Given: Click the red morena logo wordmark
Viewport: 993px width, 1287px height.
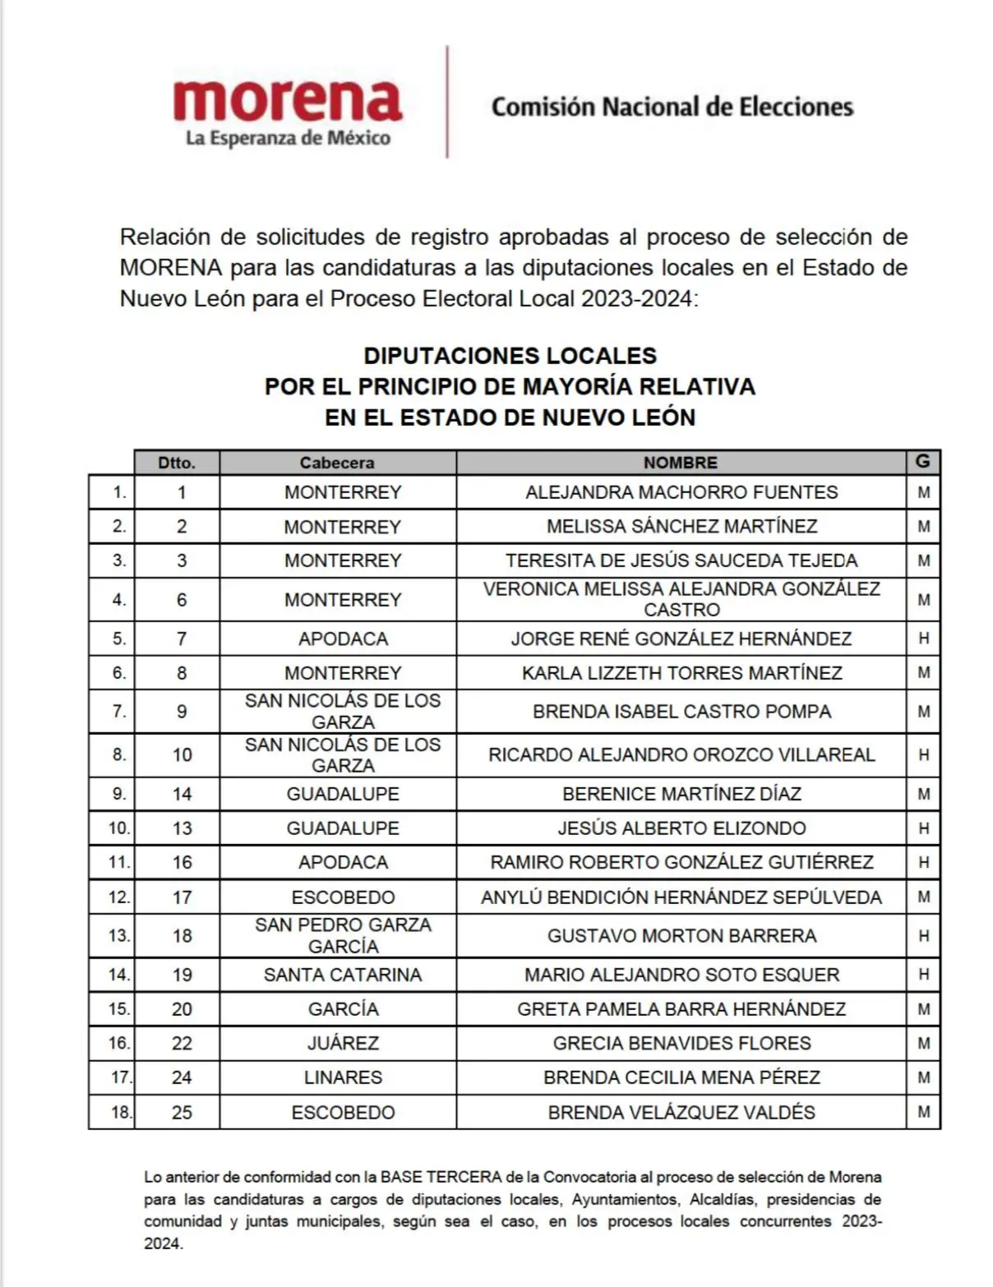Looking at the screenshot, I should pos(287,100).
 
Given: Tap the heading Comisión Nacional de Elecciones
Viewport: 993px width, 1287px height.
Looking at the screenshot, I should pos(672,107).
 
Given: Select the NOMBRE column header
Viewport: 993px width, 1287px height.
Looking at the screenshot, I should pos(680,463).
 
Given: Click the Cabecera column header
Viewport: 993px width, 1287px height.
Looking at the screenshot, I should pos(337,463).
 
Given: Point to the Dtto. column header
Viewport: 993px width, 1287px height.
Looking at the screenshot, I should pos(177,463).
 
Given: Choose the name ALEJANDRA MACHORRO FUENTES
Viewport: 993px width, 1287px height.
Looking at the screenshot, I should pos(681,492).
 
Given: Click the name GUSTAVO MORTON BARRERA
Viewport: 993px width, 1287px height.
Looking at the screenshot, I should pos(681,936).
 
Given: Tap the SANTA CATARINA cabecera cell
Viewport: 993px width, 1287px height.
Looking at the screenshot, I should pos(342,975).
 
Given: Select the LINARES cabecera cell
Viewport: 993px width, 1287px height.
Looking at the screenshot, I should pos(342,1077).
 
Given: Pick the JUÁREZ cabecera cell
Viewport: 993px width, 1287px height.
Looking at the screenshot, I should pos(342,1043).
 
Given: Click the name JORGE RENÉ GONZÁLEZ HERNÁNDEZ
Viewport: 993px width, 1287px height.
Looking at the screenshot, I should pos(681,639).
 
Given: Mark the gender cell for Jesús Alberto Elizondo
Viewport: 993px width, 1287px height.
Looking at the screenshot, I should pos(923,828).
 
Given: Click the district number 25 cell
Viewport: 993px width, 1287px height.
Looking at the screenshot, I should pos(182,1113).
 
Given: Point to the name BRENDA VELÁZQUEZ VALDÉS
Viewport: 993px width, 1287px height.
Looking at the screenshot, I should pos(681,1113).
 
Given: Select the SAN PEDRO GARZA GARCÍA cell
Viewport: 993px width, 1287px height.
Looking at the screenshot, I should pos(342,935).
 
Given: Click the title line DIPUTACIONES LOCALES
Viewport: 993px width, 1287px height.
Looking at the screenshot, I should pos(510,356).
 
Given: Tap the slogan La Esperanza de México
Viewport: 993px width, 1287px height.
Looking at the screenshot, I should pos(288,138).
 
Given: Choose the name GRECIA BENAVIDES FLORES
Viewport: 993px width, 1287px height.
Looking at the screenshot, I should pos(681,1043).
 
